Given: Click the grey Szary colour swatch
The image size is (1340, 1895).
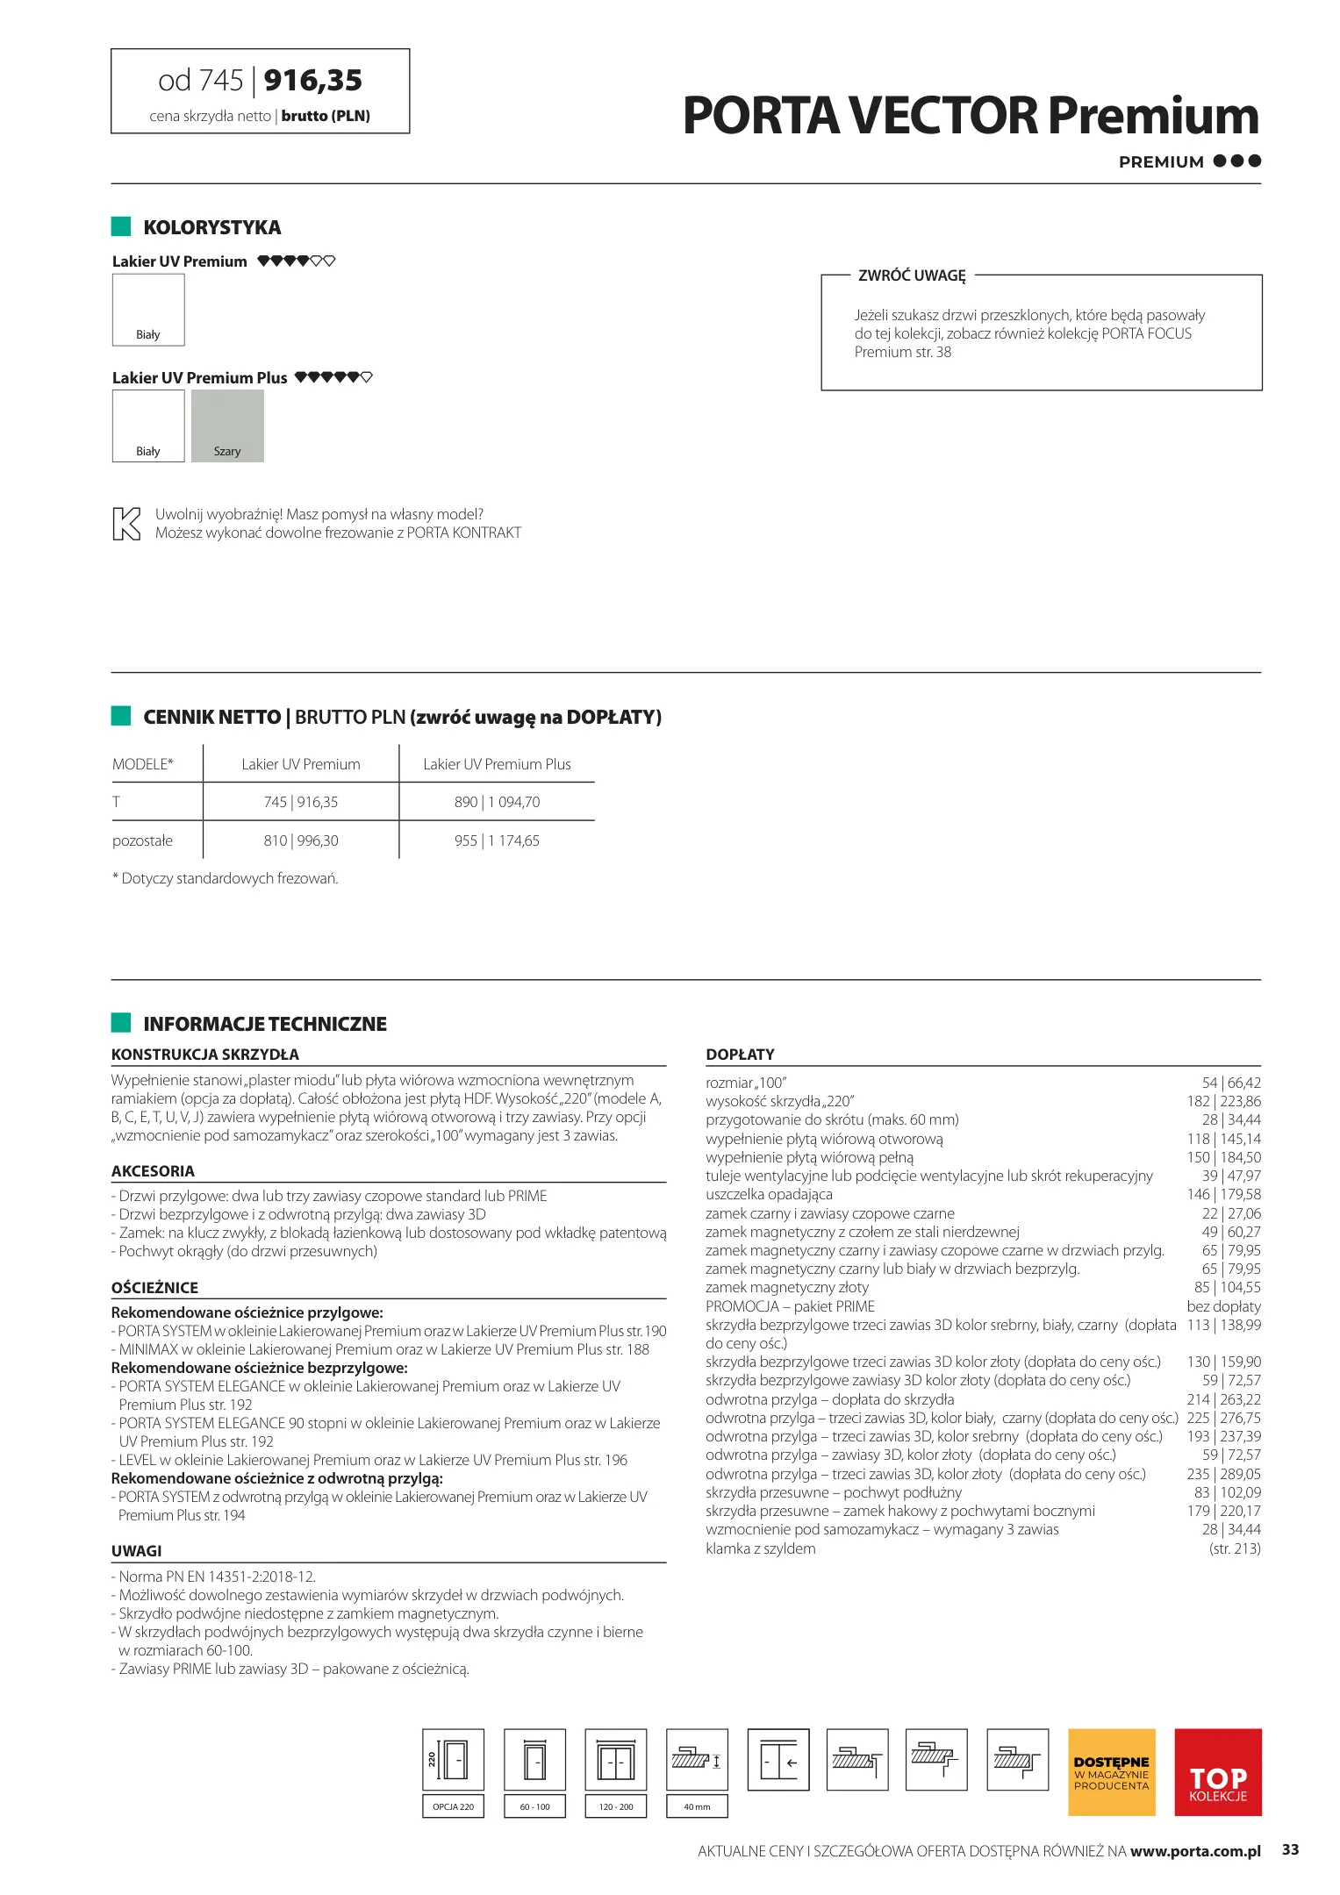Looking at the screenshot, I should (227, 425).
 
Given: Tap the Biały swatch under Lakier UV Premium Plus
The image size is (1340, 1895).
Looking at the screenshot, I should (148, 425).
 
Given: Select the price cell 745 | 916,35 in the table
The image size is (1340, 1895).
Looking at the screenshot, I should (300, 802).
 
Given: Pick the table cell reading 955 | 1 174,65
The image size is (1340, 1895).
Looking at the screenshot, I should (497, 840).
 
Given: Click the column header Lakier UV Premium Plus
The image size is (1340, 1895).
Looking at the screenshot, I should (497, 764).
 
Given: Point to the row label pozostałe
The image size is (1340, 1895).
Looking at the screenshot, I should (143, 840).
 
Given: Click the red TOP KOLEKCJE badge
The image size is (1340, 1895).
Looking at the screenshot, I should (1218, 1771).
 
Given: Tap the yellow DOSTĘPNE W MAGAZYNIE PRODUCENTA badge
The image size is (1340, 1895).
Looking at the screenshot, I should (1111, 1771).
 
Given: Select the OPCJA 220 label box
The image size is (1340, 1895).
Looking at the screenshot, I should (453, 1806).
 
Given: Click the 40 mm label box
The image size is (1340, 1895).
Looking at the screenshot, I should (697, 1806).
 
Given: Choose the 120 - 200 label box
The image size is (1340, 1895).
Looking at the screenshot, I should (616, 1806).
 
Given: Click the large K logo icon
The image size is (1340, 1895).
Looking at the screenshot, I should (126, 524).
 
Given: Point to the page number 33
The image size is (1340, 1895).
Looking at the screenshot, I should (1290, 1849).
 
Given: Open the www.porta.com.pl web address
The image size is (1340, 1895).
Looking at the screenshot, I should (1195, 1851).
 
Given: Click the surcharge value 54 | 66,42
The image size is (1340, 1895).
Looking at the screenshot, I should (1231, 1083).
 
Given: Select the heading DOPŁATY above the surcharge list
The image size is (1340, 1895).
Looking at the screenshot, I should (740, 1054).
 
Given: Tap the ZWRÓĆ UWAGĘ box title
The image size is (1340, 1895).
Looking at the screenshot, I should (912, 275).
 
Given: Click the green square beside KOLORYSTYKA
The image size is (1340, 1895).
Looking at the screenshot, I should (121, 226).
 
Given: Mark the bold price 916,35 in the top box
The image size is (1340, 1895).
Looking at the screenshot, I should (313, 81).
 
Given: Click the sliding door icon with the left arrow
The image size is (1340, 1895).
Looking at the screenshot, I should (778, 1760).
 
